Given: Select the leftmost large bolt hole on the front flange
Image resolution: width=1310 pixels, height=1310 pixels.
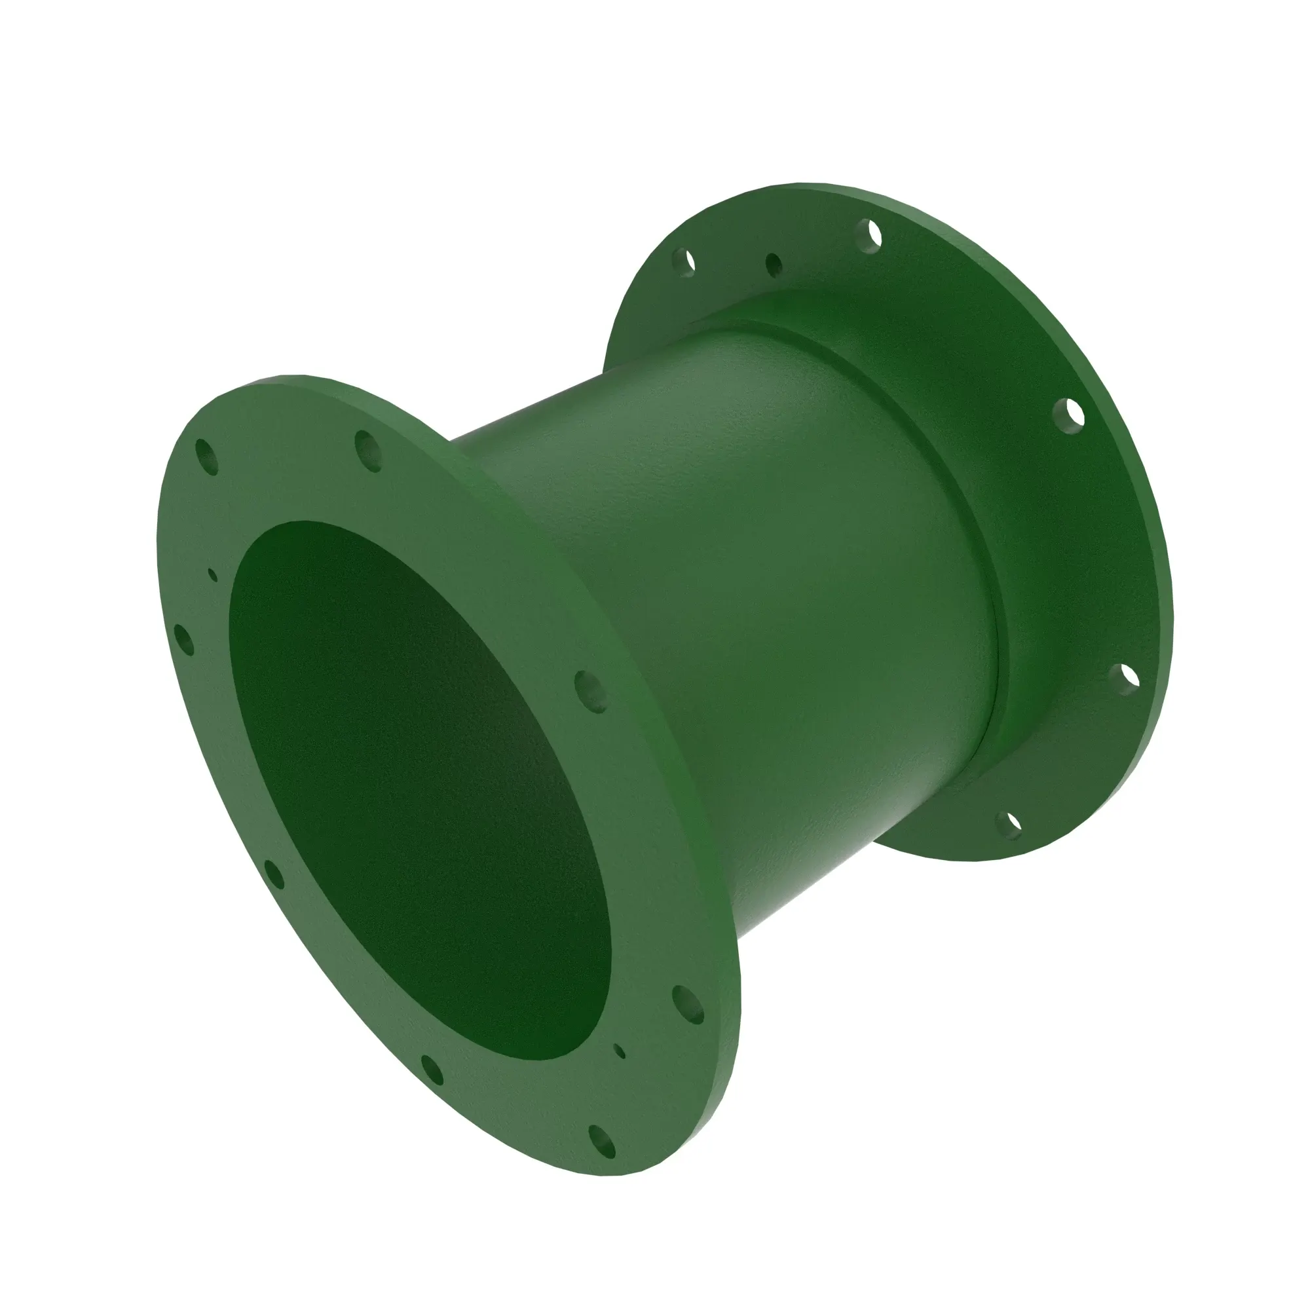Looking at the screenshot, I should tap(184, 639).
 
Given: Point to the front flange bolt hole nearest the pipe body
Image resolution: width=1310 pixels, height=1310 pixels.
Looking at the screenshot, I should tap(591, 691).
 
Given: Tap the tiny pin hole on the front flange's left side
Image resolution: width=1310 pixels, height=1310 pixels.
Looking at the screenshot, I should tap(213, 575).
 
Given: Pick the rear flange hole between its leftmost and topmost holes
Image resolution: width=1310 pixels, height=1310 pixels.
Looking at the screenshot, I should tap(774, 265).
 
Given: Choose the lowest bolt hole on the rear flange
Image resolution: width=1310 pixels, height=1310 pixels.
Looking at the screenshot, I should tap(1008, 825).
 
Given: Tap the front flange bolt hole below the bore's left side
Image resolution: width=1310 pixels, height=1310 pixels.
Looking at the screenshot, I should tap(431, 1070).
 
